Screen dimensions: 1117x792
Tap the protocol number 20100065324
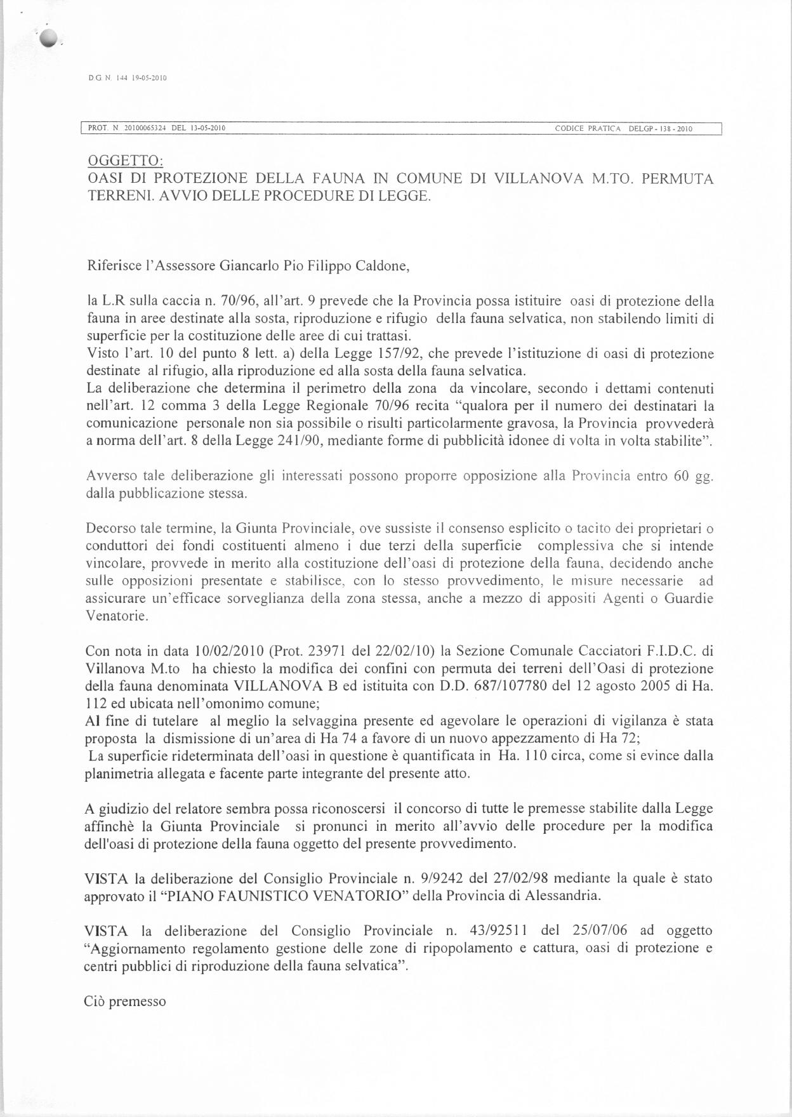point(145,129)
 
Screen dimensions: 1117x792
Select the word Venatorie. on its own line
point(116,616)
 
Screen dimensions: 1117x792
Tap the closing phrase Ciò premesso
point(125,1001)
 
